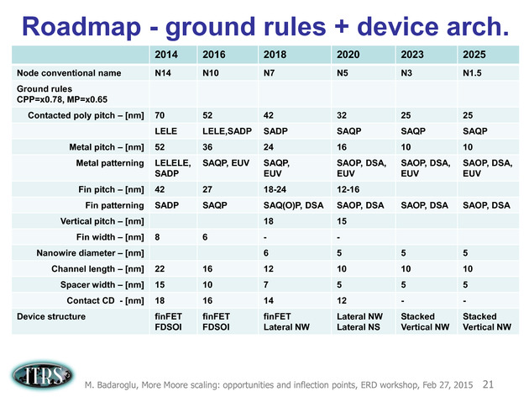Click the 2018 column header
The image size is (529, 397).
[275, 55]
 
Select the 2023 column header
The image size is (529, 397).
[412, 55]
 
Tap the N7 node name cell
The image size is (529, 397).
[269, 73]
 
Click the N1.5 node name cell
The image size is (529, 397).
[472, 73]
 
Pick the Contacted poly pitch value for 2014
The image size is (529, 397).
[160, 115]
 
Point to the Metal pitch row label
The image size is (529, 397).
[107, 147]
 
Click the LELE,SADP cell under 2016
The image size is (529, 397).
[227, 131]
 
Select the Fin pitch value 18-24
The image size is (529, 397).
[275, 189]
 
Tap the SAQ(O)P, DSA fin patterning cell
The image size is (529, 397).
[293, 205]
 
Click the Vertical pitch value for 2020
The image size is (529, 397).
[342, 221]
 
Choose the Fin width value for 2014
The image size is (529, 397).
[157, 237]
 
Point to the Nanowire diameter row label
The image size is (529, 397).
[90, 253]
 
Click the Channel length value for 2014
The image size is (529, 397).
[160, 269]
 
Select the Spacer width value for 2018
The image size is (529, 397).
[266, 285]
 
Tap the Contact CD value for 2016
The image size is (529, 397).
[207, 301]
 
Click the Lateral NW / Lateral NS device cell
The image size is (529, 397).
[359, 321]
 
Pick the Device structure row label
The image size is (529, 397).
[51, 316]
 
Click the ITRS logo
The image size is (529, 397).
[41, 375]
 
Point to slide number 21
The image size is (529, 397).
[488, 384]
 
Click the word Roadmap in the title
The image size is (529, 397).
[81, 27]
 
